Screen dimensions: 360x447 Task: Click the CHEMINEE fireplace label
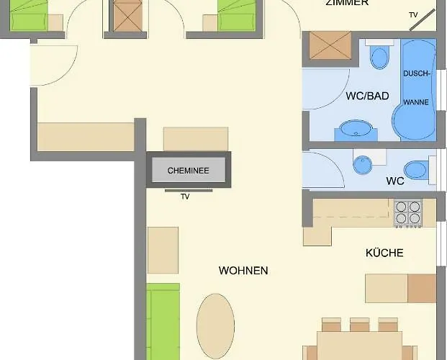tap(188, 171)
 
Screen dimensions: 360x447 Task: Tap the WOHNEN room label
tap(243, 271)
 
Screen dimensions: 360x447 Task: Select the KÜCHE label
tap(384, 253)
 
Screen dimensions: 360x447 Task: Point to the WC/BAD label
tap(367, 96)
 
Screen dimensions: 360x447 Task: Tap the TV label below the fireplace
tap(185, 197)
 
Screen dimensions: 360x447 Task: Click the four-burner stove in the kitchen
tap(408, 213)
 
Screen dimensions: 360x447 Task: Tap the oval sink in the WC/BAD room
tap(356, 130)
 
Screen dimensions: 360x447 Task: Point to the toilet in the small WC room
tap(416, 170)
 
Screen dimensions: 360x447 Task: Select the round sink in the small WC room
tap(363, 166)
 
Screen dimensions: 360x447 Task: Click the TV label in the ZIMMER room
tap(413, 14)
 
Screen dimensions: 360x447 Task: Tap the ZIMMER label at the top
tap(347, 3)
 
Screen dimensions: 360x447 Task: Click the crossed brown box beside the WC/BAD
tap(330, 47)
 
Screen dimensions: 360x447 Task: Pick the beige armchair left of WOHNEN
tap(163, 250)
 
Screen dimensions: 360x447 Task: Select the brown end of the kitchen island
tap(422, 288)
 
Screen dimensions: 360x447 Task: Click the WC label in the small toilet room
tap(395, 181)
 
